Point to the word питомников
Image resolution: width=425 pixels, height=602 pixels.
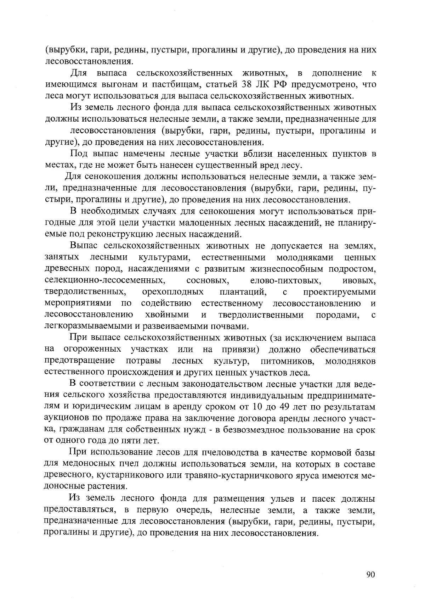pos(287,361)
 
